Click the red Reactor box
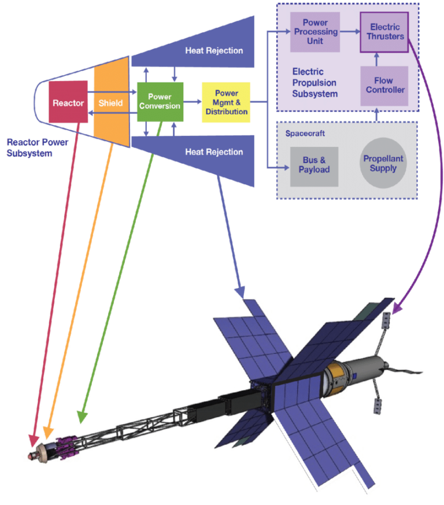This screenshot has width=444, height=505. pos(67,102)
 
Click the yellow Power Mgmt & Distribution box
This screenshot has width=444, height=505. pos(226,102)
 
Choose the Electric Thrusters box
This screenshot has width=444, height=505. pos(384,32)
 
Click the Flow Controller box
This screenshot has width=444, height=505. pos(384,86)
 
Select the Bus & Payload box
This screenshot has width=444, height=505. pos(314,164)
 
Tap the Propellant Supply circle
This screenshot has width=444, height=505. pos(383,163)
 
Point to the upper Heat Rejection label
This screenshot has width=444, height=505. pos(214,50)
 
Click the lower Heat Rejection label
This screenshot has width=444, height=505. pos(214,152)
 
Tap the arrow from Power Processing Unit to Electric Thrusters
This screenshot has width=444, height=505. pos(349,32)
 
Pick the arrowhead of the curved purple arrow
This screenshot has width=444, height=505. pos(395,310)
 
